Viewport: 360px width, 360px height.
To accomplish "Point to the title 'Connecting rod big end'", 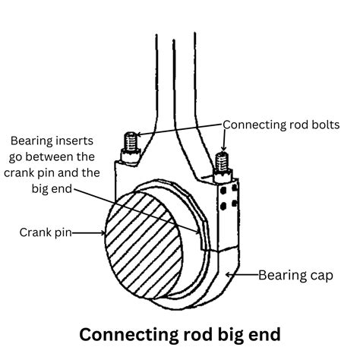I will pyautogui.click(x=180, y=334).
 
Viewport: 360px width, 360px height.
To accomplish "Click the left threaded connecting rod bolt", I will pyautogui.click(x=130, y=142).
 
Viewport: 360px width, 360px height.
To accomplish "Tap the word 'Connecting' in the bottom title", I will pyautogui.click(x=125, y=334).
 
